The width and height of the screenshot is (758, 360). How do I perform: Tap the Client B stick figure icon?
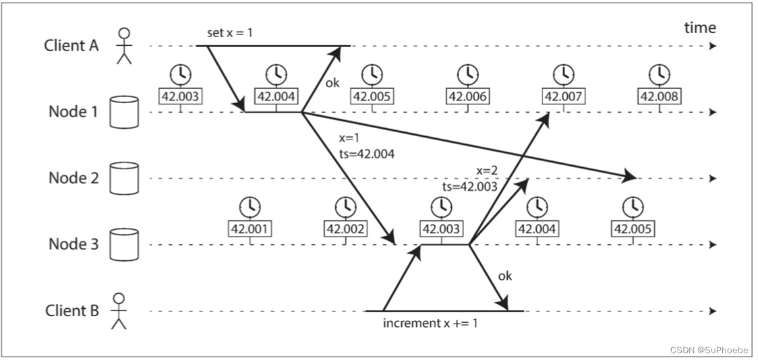click(x=119, y=311)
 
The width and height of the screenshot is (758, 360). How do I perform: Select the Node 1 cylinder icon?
click(x=123, y=112)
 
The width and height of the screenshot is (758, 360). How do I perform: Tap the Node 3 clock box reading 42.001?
click(x=251, y=229)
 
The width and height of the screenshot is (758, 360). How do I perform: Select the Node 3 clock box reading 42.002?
click(x=346, y=229)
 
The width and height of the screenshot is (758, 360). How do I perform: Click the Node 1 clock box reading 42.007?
click(x=562, y=96)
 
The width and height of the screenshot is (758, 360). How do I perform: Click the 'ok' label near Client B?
click(x=504, y=276)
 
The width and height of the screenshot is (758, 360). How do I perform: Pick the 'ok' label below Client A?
click(x=332, y=83)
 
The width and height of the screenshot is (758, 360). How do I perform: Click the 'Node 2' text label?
click(x=74, y=178)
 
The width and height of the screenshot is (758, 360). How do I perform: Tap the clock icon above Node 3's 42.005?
click(x=632, y=206)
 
